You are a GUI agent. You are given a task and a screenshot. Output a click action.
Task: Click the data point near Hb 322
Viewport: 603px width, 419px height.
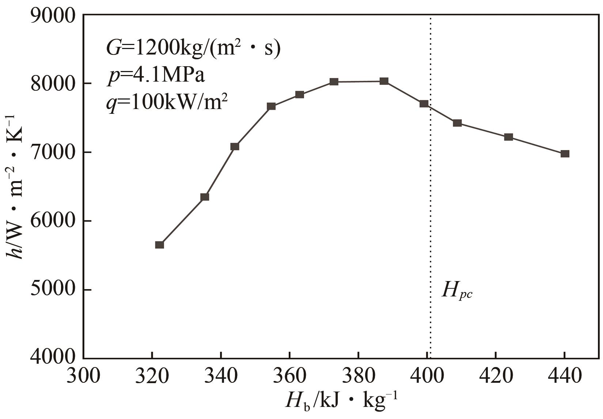pos(159,245)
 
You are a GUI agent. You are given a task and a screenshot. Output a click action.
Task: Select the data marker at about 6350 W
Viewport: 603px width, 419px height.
pos(205,197)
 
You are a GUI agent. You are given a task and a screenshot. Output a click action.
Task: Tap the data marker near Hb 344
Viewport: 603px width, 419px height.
pos(235,146)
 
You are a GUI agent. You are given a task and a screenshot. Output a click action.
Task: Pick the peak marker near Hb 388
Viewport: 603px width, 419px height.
pos(384,81)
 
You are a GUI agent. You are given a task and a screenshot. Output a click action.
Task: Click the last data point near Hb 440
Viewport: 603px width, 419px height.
pos(565,154)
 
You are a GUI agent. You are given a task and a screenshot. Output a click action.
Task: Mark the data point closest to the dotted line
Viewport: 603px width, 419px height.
pos(424,104)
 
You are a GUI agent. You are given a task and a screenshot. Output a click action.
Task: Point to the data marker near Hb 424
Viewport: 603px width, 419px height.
pos(508,137)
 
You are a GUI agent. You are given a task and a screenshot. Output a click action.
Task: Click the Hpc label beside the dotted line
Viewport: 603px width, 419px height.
pos(457,291)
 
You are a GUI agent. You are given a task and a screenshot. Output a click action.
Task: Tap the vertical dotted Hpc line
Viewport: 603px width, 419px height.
pos(431,220)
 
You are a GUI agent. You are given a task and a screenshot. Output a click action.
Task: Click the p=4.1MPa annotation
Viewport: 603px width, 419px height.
pos(156,76)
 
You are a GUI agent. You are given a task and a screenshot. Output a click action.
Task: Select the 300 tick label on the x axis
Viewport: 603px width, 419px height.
pos(83,376)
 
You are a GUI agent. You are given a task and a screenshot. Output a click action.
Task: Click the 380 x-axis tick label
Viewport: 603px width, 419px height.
pos(359,376)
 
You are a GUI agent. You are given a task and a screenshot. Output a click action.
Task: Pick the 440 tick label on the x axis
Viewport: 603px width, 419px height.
pos(565,376)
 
